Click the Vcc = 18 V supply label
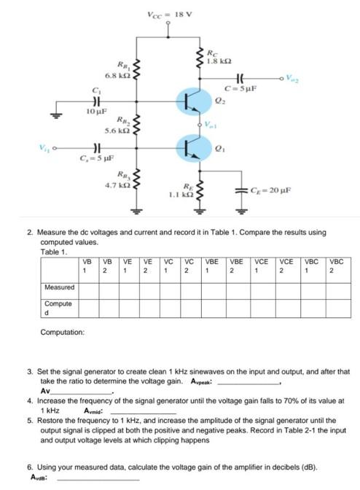[x=169, y=15]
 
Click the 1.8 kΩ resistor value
[x=218, y=63]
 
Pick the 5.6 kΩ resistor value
[x=120, y=130]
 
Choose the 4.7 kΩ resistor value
[x=120, y=186]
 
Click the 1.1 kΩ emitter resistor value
[x=181, y=195]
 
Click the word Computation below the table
[x=63, y=332]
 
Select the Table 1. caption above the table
[x=53, y=252]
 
